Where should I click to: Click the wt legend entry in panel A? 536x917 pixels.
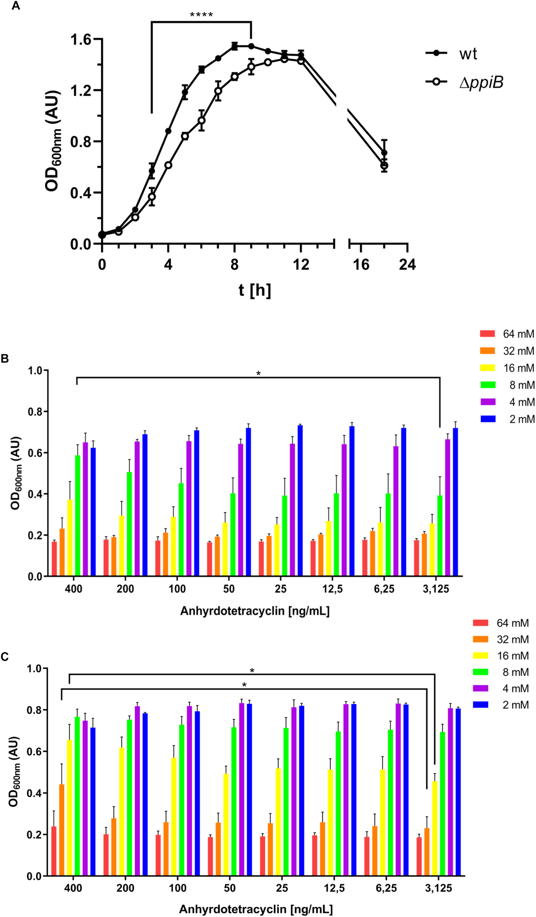pyautogui.click(x=468, y=54)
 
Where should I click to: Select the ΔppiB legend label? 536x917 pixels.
pyautogui.click(x=481, y=82)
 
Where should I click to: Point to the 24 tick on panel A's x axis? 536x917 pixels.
pyautogui.click(x=407, y=264)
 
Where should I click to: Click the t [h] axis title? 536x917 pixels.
pyautogui.click(x=255, y=290)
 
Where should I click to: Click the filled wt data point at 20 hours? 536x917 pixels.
pyautogui.click(x=384, y=153)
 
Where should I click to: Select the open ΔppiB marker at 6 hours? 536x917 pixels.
pyautogui.click(x=201, y=120)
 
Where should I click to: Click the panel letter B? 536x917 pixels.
pyautogui.click(x=5, y=358)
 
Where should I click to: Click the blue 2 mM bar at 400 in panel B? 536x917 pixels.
pyautogui.click(x=93, y=512)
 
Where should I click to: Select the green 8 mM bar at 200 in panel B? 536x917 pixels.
pyautogui.click(x=129, y=524)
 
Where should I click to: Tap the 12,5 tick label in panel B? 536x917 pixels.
pyautogui.click(x=332, y=589)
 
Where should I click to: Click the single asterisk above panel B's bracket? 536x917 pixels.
pyautogui.click(x=258, y=373)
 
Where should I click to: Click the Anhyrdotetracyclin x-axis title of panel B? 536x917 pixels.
pyautogui.click(x=255, y=611)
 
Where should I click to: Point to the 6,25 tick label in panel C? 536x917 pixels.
pyautogui.click(x=386, y=888)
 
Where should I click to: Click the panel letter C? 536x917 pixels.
pyautogui.click(x=5, y=657)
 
